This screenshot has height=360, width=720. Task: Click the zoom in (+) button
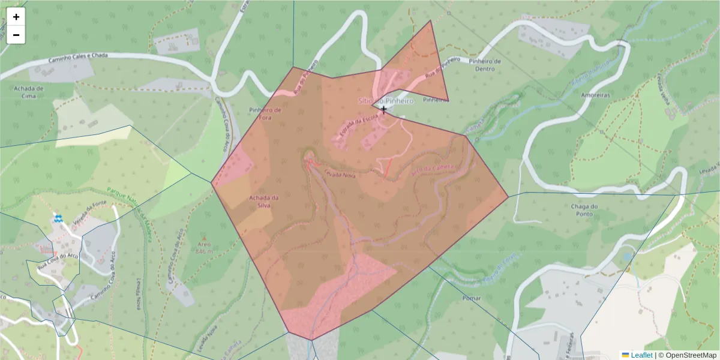pyautogui.click(x=16, y=17)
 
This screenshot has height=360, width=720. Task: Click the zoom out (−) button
pyautogui.click(x=16, y=35)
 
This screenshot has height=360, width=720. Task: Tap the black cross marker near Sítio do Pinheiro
pyautogui.click(x=384, y=109)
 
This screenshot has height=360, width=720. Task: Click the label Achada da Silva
pyautogui.click(x=264, y=202)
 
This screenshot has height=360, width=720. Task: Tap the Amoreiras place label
pyautogui.click(x=595, y=95)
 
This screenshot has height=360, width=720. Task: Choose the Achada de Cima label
pyautogui.click(x=28, y=91)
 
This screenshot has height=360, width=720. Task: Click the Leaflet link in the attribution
pyautogui.click(x=640, y=355)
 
